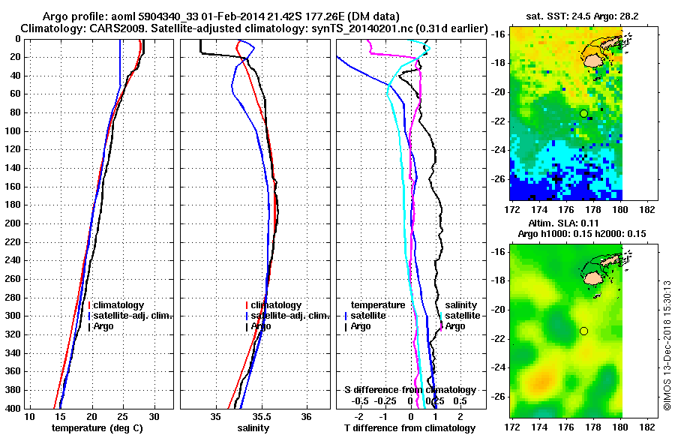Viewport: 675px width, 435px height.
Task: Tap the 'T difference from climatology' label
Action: pyautogui.click(x=409, y=428)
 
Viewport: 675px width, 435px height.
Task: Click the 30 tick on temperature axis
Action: pyautogui.click(x=154, y=416)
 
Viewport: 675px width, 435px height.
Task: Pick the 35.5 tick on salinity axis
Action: pyautogui.click(x=262, y=416)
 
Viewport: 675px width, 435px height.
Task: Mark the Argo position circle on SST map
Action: pyautogui.click(x=583, y=113)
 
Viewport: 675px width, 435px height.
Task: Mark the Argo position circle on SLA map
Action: pyautogui.click(x=583, y=331)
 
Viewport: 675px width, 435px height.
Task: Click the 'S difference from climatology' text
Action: pyautogui.click(x=409, y=390)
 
